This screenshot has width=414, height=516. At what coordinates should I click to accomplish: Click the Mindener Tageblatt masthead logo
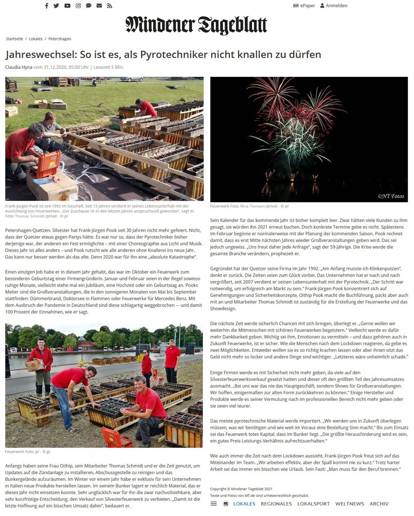tap(196, 25)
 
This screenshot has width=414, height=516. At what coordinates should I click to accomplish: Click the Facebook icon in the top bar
tap(46, 6)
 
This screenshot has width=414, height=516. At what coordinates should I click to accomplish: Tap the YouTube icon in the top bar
tap(67, 6)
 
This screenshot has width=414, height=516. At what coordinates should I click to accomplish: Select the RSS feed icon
tap(109, 6)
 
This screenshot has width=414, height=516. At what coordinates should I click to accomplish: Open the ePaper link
tap(304, 6)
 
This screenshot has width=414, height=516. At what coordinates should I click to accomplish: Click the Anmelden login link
tap(334, 6)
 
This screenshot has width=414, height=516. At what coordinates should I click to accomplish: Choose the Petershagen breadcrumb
tap(60, 38)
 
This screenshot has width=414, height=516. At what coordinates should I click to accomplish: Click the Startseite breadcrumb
tap(14, 38)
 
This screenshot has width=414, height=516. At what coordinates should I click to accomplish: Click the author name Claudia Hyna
tap(19, 67)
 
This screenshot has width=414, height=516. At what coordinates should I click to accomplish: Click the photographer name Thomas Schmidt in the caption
tap(31, 216)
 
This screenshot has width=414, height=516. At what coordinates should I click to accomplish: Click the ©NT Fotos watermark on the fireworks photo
tap(390, 196)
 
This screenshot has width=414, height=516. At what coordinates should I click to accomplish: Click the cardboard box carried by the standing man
tap(35, 365)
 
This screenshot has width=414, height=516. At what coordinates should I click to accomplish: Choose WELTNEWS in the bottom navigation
tap(350, 504)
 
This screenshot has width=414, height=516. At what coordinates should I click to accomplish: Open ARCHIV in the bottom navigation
tap(379, 504)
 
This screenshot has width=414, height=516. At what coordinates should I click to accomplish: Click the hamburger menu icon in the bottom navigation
tap(213, 504)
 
